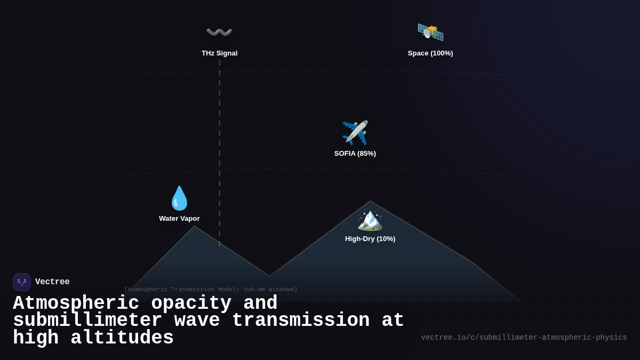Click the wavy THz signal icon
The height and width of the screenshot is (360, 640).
tap(219, 32)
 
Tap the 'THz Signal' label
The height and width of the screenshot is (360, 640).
tap(219, 53)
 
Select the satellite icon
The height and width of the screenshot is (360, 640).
tap(430, 32)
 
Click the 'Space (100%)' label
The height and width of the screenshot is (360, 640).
tap(430, 53)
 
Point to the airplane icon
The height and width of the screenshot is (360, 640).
tap(355, 133)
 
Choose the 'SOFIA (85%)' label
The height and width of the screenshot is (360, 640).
tap(355, 154)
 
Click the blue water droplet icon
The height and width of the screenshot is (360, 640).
tap(179, 198)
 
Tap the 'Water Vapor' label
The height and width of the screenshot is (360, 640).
tap(179, 219)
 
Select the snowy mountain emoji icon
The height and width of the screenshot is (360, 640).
tap(370, 219)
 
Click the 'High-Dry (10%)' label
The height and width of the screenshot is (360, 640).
tap(370, 239)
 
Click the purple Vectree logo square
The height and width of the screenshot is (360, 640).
tap(22, 282)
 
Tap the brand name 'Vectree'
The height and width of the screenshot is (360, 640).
tap(52, 282)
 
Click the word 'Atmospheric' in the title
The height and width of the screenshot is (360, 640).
tap(76, 303)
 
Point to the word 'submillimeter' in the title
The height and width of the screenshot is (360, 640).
tap(87, 321)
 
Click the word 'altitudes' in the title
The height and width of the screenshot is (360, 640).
tap(122, 338)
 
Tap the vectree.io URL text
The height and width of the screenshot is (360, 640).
tap(524, 338)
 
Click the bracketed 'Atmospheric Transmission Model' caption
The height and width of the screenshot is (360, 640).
tap(211, 290)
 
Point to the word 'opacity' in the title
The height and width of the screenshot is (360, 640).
tap(191, 303)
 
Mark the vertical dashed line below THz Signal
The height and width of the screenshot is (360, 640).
tap(219, 155)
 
